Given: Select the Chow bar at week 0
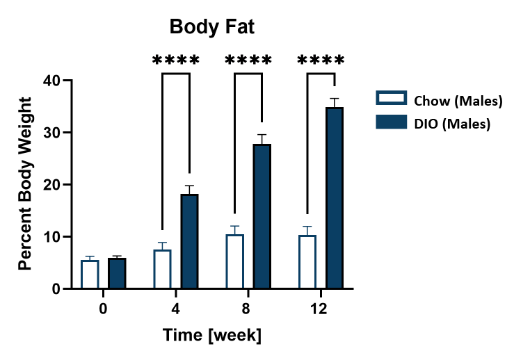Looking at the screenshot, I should [90, 275].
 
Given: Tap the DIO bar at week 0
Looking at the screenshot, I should [117, 273].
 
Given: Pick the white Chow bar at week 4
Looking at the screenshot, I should [162, 270].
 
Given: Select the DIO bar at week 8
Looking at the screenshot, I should [262, 216].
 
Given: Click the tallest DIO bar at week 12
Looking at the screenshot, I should [335, 198].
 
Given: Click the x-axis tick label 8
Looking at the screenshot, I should [248, 306].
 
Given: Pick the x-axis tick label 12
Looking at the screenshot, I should [321, 306].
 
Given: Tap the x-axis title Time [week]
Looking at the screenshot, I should [212, 336].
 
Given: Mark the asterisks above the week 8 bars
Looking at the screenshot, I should [248, 60].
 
